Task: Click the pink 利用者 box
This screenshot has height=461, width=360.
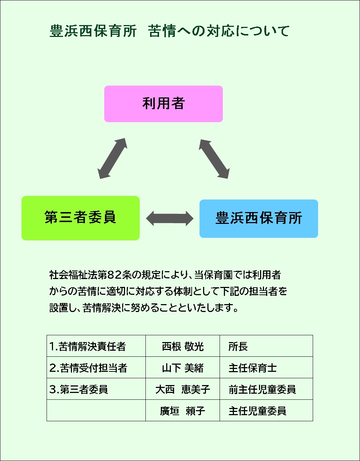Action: point(163,104)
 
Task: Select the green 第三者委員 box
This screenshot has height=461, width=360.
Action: point(81,218)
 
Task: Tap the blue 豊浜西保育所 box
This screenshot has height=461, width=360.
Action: point(259,219)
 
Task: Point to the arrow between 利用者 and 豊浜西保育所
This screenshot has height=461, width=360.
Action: point(214,158)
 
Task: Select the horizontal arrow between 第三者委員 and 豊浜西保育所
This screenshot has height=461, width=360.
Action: point(169,218)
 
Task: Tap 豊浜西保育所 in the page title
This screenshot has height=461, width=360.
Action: point(93,31)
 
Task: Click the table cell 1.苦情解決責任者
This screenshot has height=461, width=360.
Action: point(88,346)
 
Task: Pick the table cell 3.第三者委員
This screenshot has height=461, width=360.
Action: point(79,389)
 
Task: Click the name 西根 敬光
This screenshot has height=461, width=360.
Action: point(183,346)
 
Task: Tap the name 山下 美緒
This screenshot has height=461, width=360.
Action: point(183,368)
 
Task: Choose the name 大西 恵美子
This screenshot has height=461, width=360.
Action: point(183,389)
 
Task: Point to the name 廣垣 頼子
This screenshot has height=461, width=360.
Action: point(183,411)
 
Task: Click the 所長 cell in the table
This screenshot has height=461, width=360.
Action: point(238,346)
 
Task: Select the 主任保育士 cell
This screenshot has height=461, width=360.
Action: point(253,368)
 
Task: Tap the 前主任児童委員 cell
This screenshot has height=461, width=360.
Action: point(262,389)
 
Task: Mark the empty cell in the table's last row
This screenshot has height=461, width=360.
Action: point(96,410)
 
